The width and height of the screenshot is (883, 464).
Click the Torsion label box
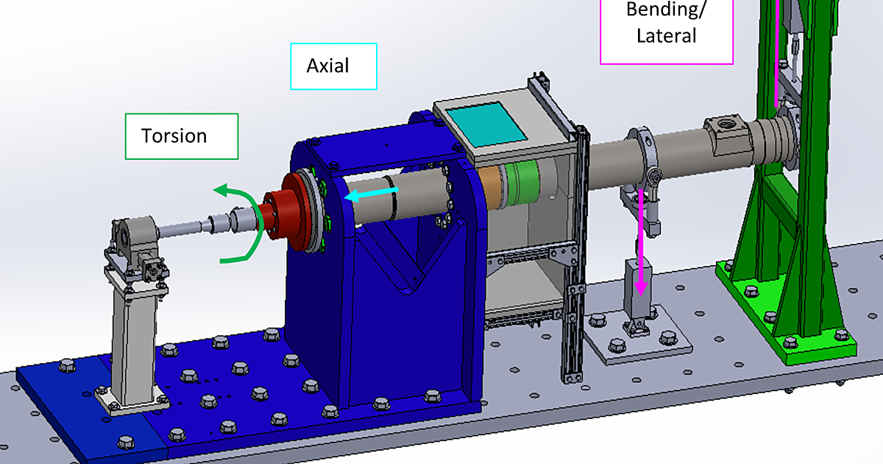click(182, 136)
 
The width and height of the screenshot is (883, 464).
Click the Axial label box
click(333, 66)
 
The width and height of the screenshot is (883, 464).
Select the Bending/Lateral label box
click(667, 29)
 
